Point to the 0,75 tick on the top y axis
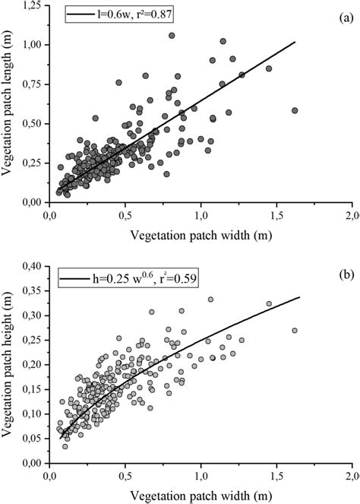32,84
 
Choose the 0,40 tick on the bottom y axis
32,266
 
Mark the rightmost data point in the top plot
295,110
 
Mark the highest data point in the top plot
172,36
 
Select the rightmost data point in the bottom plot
295,330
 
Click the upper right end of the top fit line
295,43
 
